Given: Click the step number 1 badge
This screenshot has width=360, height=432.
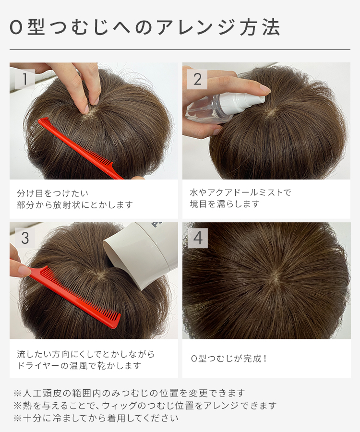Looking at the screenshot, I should (x=24, y=79).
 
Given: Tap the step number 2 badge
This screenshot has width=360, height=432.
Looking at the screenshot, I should (x=197, y=79).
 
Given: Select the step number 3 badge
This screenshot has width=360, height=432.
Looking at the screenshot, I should (x=24, y=238).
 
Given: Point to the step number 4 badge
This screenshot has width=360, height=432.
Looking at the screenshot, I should (x=197, y=238).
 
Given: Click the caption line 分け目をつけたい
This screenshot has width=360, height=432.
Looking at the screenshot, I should (x=53, y=193).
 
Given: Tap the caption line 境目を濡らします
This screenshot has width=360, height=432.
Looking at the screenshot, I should (x=224, y=204).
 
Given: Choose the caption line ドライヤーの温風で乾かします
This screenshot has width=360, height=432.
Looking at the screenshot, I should (x=79, y=366).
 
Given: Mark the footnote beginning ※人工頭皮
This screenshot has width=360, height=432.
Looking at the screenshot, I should (x=130, y=393).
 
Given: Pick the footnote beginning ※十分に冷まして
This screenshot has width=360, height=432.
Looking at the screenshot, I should (x=96, y=418).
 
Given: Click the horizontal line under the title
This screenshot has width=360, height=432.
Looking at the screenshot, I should (x=180, y=49).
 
